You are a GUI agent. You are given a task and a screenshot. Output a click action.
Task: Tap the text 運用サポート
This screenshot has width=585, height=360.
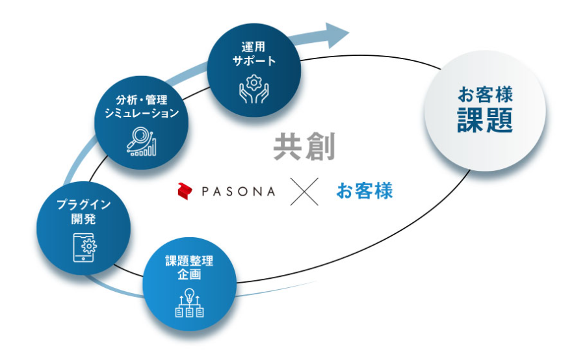253,54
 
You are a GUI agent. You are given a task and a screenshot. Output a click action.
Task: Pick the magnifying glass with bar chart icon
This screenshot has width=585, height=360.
141,141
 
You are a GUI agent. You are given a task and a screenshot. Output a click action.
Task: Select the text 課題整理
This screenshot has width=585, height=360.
189,262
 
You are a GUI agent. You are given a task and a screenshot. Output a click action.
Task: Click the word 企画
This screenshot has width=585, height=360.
189,275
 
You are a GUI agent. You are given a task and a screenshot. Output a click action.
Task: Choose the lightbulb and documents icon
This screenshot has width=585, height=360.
189,303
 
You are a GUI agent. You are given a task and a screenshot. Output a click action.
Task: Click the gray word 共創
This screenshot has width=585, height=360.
304,148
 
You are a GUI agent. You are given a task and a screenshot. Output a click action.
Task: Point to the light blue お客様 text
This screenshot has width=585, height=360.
365,192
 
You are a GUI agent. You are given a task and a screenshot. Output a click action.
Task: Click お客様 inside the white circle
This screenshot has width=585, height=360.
485,96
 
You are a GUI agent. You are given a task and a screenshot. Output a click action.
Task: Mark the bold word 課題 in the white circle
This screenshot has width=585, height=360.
485,120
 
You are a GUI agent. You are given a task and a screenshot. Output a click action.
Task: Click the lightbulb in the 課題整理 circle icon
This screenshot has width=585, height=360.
189,294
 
